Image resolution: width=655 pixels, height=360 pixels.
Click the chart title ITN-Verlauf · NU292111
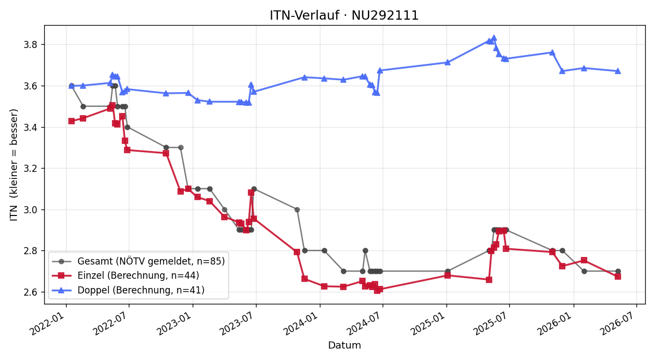point(344,15)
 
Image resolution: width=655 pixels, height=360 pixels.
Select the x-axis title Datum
point(344,345)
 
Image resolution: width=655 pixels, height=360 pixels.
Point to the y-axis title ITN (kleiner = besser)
point(14,165)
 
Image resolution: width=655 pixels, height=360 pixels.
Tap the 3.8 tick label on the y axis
point(30,45)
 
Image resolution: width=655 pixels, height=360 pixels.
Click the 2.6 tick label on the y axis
point(30,292)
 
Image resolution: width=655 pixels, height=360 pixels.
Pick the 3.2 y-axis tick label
point(30,169)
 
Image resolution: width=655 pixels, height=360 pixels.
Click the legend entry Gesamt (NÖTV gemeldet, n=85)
point(138,261)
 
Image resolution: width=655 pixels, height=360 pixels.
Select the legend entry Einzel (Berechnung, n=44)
point(126,275)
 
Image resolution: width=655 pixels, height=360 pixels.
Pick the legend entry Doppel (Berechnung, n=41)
point(128,290)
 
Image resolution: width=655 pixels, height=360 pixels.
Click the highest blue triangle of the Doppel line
point(494,38)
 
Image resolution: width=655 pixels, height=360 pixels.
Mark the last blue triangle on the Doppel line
point(618,71)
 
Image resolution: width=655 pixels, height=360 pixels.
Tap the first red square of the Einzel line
point(72,121)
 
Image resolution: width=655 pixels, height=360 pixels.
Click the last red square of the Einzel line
point(618,277)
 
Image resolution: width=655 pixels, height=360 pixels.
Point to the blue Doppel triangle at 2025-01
point(448,62)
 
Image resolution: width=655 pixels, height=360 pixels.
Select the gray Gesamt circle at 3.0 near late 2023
point(297,209)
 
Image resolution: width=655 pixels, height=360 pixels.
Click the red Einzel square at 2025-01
point(448,275)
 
